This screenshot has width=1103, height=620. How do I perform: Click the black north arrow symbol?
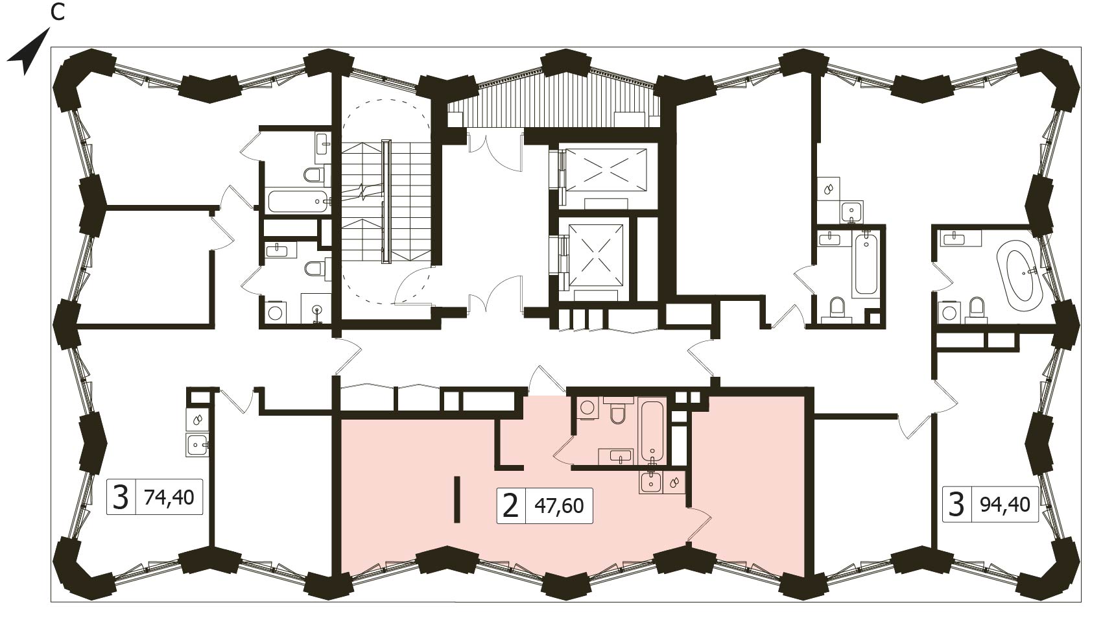click(30, 55)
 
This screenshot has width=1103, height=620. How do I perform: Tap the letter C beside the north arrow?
click(58, 13)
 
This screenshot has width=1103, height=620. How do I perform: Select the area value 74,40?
click(169, 497)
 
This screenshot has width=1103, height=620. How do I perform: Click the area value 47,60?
click(559, 506)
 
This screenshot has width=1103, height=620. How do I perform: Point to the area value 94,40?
click(1005, 505)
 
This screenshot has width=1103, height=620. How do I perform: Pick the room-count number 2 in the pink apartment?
click(510, 506)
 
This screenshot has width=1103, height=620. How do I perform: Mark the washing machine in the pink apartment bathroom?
click(587, 408)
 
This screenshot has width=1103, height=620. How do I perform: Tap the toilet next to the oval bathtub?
click(976, 310)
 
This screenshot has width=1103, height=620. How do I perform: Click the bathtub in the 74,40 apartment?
click(298, 202)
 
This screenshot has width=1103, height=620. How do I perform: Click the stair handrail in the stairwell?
click(386, 202)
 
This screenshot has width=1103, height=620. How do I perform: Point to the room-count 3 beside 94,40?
click(956, 505)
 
